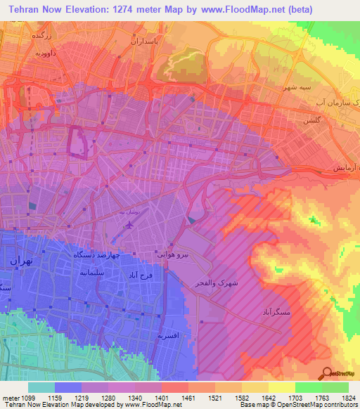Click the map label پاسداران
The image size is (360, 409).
(146, 41)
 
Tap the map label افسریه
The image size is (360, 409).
(172, 337)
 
